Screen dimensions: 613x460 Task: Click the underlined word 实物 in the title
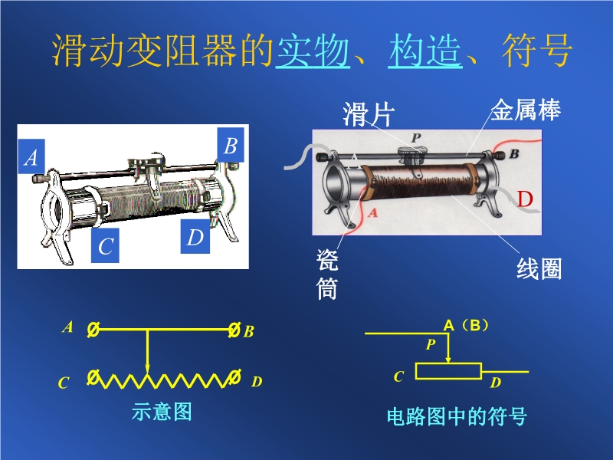pos(313,51)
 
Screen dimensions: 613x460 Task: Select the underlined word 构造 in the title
pos(425,51)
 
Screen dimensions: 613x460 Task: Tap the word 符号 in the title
pos(537,51)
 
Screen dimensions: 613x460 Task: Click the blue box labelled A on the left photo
pos(31,156)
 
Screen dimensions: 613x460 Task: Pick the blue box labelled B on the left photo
pos(231,145)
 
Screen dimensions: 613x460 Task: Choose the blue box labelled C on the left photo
pos(105,245)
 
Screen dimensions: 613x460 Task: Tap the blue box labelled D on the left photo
pos(195,236)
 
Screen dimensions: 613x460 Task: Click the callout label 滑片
pos(369,114)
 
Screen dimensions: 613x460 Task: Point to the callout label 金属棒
pos(526,110)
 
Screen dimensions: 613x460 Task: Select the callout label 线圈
pos(539,269)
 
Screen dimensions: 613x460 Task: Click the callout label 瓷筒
pos(327,274)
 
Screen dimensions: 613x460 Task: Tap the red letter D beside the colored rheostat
pos(525,199)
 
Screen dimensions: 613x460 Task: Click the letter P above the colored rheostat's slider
pos(416,137)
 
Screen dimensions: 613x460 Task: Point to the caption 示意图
pos(162,412)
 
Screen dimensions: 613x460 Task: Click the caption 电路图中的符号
pos(457,416)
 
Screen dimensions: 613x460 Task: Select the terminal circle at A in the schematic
pos(93,330)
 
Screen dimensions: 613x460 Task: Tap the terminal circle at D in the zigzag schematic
pos(234,377)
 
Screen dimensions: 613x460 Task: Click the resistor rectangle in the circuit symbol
pos(448,371)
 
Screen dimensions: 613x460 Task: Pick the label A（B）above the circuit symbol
pos(466,325)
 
